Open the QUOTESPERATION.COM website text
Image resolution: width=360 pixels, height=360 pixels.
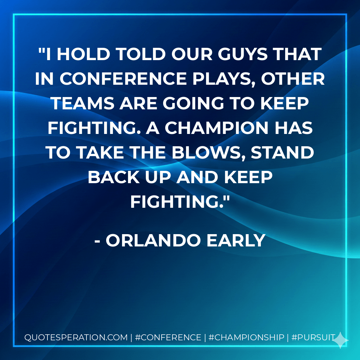(x=76, y=337)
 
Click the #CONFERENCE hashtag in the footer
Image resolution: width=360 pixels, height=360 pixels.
(x=168, y=337)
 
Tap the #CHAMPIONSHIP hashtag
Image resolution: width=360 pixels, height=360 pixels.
(x=246, y=337)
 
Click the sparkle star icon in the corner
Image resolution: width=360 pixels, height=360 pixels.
(x=341, y=340)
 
